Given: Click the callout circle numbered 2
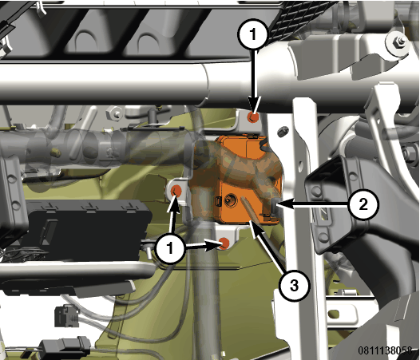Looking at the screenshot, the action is (x=363, y=205).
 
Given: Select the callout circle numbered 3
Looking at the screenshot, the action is (x=294, y=286).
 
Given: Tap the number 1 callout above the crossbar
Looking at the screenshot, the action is (x=253, y=34).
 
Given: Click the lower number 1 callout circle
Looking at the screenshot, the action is (x=171, y=248).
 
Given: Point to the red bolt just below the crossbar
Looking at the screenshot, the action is (x=253, y=117).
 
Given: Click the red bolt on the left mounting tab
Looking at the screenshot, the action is (x=177, y=191).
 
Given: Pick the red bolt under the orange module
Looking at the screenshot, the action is (x=224, y=243).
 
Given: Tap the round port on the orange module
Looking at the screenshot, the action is (x=230, y=200).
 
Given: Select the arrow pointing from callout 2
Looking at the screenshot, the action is (x=313, y=205).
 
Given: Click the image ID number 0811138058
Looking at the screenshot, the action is (x=385, y=350).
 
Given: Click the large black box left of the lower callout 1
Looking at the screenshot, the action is (x=85, y=231).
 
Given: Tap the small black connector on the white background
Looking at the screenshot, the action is (x=67, y=316).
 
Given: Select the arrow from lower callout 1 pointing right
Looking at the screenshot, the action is (x=204, y=247).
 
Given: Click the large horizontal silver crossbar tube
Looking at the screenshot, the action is (x=160, y=83).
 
